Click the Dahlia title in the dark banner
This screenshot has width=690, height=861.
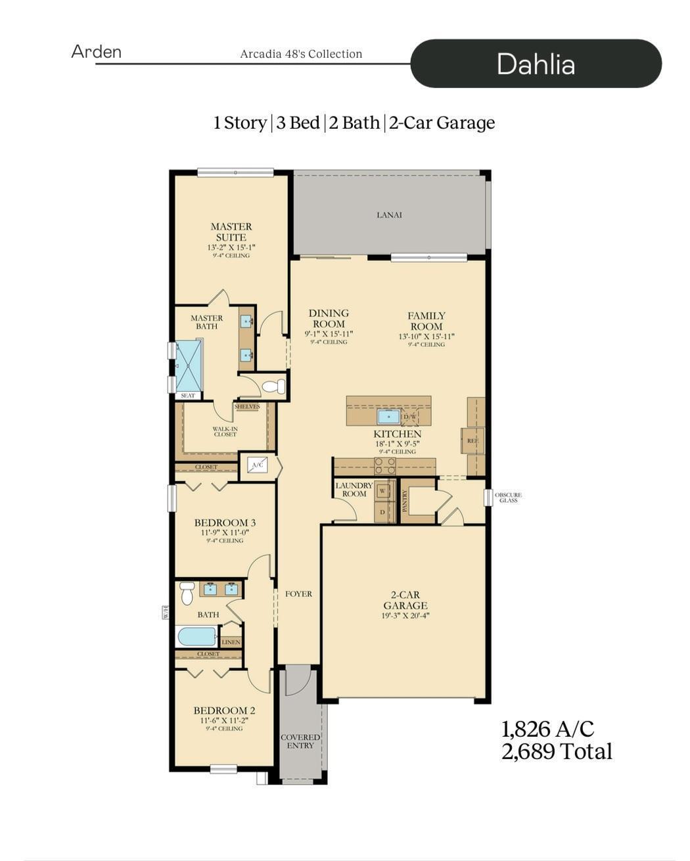pos(536,64)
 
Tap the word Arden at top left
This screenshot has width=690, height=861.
pos(96,52)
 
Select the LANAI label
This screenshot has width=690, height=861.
pos(389,215)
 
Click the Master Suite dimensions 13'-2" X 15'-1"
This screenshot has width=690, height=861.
pos(231,248)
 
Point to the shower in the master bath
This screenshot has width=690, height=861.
pos(189,365)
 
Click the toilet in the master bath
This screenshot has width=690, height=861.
pos(272,386)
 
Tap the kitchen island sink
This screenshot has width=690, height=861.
pos(388,417)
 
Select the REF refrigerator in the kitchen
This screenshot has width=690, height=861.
pos(472,440)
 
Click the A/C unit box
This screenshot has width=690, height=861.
pos(258,465)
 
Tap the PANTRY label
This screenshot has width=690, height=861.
pos(405,501)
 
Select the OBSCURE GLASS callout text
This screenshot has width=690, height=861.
pos(508,498)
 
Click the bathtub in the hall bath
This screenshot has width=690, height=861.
pos(196,636)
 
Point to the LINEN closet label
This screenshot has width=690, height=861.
pos(231,642)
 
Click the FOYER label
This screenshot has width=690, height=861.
pos(298,593)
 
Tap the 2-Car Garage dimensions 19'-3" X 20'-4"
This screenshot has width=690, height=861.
pos(405,616)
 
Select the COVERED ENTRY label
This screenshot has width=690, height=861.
pos(300,741)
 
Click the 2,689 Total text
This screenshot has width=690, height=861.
pos(557,751)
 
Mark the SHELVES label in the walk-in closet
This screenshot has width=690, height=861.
pos(247,407)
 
